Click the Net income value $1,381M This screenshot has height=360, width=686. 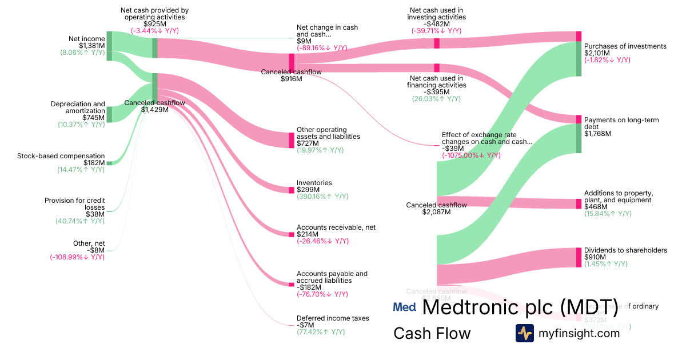pyautogui.click(x=91, y=45)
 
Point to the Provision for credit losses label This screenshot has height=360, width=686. pyautogui.click(x=75, y=204)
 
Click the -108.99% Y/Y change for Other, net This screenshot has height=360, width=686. pyautogui.click(x=77, y=257)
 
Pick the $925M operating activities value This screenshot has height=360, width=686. pyautogui.click(x=154, y=24)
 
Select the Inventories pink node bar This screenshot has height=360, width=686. pyautogui.click(x=292, y=190)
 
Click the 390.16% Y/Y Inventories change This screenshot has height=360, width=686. pyautogui.click(x=322, y=197)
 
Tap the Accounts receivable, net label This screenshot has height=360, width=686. pyautogui.click(x=336, y=227)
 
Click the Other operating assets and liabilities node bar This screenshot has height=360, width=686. pyautogui.click(x=292, y=140)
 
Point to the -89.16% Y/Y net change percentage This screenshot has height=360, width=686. pyautogui.click(x=322, y=48)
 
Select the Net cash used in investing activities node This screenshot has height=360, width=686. pyautogui.click(x=437, y=43)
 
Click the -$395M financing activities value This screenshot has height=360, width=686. pyautogui.click(x=436, y=92)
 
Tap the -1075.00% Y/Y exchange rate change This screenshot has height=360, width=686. pyautogui.click(x=471, y=155)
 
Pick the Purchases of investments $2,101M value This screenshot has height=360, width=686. pyautogui.click(x=597, y=53)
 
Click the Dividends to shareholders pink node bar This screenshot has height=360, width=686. pyautogui.click(x=579, y=257)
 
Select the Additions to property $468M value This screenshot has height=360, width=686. pyautogui.click(x=595, y=207)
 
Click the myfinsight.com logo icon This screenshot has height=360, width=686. pyautogui.click(x=524, y=333)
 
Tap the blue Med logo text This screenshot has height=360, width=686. pyautogui.click(x=404, y=307)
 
